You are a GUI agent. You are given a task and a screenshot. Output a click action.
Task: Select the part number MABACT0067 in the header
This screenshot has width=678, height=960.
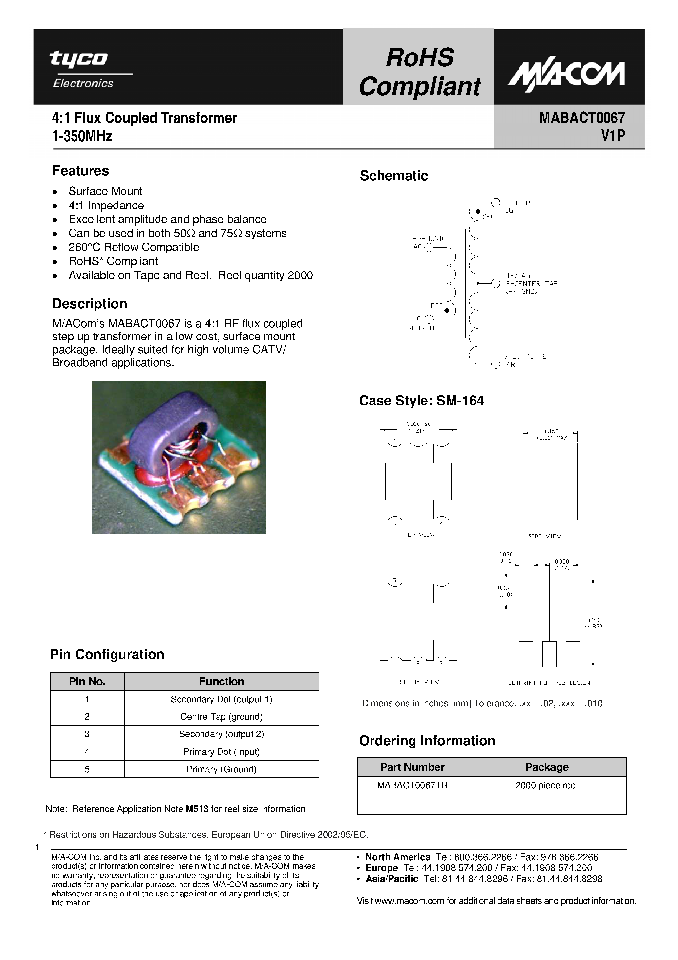[582, 118]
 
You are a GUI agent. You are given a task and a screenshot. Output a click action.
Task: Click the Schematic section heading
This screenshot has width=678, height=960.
[393, 176]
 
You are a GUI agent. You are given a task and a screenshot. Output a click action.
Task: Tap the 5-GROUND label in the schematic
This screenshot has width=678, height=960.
[426, 238]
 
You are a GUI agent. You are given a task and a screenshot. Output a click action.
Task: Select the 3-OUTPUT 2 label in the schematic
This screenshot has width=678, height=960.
[525, 356]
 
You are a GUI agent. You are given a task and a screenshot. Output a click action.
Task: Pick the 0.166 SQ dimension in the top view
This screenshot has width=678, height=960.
[418, 424]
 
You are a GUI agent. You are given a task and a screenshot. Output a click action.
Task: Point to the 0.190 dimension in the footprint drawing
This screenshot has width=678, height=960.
[594, 620]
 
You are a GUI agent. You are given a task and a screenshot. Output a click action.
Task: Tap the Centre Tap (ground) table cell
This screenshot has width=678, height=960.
[221, 717]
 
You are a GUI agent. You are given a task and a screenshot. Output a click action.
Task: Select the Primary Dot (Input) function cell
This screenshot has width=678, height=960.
[221, 752]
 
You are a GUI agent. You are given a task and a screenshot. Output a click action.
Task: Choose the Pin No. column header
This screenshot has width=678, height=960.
[87, 682]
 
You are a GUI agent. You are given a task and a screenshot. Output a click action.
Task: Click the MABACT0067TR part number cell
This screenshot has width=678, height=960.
[412, 785]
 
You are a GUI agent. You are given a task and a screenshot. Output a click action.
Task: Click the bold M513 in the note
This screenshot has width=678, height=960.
[197, 809]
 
